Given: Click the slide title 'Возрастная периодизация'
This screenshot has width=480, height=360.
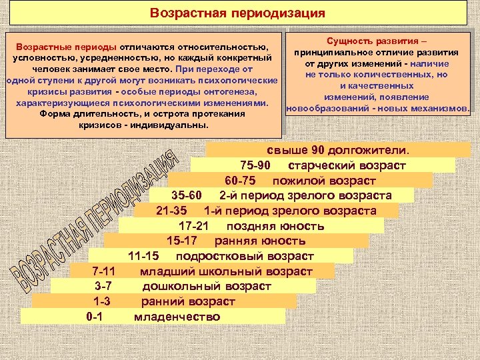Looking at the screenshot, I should [238, 13].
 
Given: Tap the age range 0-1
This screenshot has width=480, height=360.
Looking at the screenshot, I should [95, 317].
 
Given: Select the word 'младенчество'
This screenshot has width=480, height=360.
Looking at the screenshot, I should [177, 317].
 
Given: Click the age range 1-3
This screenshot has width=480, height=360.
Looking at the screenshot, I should [102, 301].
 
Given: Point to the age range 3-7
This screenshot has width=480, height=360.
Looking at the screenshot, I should [103, 286].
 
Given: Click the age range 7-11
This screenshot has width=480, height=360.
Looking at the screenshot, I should [103, 271].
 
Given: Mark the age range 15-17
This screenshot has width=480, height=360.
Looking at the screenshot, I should [181, 241].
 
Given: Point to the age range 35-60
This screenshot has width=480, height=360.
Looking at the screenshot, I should [186, 195].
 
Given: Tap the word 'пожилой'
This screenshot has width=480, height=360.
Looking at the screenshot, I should [294, 180].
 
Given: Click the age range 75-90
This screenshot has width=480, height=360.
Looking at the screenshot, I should [255, 165].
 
